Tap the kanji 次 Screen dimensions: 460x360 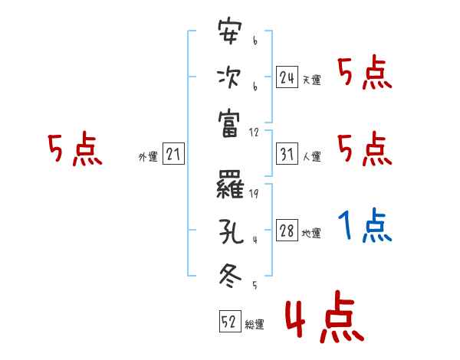(230, 77)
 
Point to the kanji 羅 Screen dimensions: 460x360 (230, 185)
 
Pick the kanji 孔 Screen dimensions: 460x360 (230, 229)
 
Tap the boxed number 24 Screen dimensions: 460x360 (287, 77)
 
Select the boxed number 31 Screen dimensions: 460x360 (287, 155)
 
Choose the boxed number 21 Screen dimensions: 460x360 (173, 155)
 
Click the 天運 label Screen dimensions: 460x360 (311, 80)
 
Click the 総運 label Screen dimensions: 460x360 (255, 324)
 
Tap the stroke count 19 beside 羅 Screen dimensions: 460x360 (254, 194)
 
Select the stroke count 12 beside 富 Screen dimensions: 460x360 (255, 131)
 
